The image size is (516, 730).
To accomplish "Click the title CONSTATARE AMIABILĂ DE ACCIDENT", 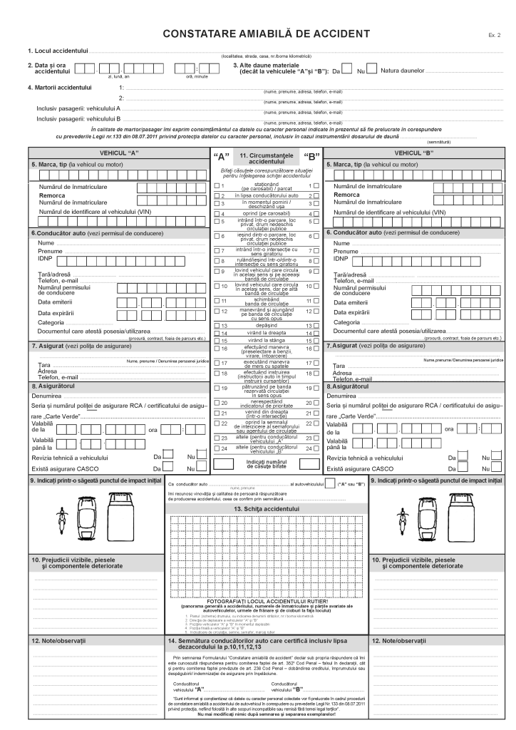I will pyautogui.click(x=267, y=34).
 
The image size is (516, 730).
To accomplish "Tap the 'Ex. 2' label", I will pyautogui.click(x=495, y=35).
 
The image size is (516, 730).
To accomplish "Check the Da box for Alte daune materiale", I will pyautogui.click(x=347, y=70).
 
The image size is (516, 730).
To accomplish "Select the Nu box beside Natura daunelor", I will pyautogui.click(x=372, y=70).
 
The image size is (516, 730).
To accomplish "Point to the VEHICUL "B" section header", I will pyautogui.click(x=414, y=153).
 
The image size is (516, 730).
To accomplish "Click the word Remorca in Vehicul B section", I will pyautogui.click(x=347, y=194).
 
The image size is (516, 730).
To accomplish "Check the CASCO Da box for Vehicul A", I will pyautogui.click(x=168, y=467).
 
